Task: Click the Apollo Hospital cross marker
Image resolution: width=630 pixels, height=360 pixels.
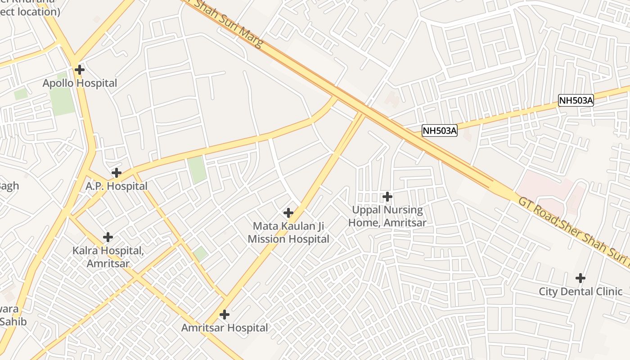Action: point(80,70)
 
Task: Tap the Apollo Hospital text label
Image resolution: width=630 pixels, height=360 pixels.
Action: point(80,83)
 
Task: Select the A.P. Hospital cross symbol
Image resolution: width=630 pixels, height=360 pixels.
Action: point(117,172)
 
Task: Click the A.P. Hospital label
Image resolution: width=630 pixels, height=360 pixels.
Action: point(117,186)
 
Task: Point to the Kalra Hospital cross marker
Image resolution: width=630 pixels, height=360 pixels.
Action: point(108,237)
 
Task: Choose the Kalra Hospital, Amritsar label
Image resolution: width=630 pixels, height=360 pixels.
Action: point(108,257)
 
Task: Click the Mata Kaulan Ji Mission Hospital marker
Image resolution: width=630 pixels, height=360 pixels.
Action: point(288,213)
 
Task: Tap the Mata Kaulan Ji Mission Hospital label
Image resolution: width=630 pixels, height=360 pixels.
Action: point(288,232)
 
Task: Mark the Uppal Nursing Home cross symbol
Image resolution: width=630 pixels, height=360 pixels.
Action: point(387,197)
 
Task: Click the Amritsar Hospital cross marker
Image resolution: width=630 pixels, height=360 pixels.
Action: point(225,315)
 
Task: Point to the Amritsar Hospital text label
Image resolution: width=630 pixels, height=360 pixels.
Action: point(225,328)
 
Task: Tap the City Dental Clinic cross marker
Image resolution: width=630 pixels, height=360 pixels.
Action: point(580,278)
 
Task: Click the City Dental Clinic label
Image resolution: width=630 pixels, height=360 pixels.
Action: point(580,292)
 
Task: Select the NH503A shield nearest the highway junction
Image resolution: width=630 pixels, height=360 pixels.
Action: point(440,131)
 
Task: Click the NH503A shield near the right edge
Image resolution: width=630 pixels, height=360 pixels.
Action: point(576,100)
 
